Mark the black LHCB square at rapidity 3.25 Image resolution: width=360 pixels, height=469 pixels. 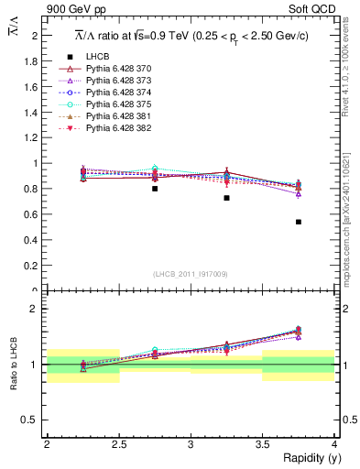click(x=226, y=198)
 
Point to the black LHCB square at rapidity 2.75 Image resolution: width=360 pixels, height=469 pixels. click(x=155, y=189)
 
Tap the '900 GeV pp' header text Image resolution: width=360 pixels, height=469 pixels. click(x=76, y=9)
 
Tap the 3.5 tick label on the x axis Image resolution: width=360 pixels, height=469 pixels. click(x=262, y=443)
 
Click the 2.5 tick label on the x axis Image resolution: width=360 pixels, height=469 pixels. click(x=119, y=443)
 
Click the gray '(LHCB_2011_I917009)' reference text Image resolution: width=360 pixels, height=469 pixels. click(x=191, y=274)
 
